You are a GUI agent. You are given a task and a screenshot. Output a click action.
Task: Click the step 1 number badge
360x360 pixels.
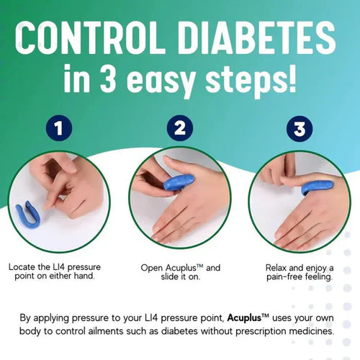click(59, 130)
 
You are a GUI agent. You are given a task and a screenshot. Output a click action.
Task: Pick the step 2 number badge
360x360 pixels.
click(180, 130)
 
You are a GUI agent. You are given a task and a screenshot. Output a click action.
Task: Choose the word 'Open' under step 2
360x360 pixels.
click(150, 266)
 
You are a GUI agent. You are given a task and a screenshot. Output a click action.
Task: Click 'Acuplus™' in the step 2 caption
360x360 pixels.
click(187, 266)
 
